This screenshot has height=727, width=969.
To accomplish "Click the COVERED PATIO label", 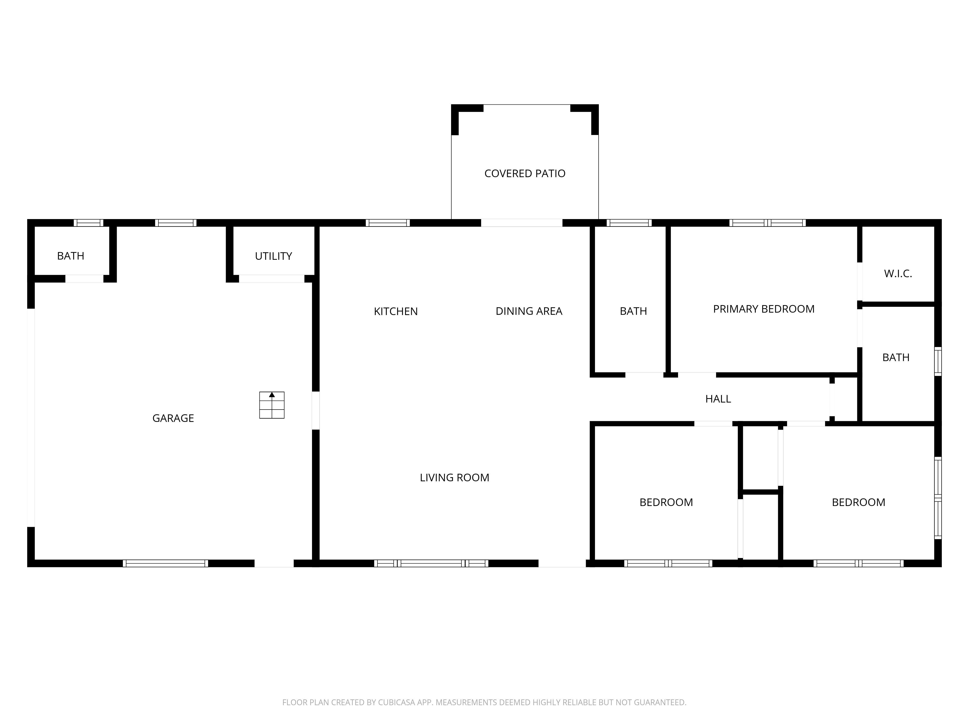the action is click(x=525, y=174).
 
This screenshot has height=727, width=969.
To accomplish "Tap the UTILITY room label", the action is click(x=273, y=256).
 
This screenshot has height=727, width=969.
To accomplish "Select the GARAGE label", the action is click(x=173, y=418).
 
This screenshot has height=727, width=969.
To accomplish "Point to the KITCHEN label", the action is click(x=396, y=311).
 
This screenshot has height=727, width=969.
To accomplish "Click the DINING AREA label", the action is click(x=529, y=311).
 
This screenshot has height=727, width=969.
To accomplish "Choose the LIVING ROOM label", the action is click(x=454, y=477).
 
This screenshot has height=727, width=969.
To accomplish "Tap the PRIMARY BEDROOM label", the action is click(x=764, y=309).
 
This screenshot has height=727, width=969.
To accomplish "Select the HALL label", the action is click(x=718, y=399).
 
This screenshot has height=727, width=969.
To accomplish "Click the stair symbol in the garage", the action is click(x=272, y=405).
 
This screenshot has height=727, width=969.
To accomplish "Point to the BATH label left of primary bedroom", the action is click(x=633, y=311).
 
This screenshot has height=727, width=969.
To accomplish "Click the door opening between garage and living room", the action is click(x=315, y=410).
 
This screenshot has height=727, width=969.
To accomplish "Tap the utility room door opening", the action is click(x=272, y=279).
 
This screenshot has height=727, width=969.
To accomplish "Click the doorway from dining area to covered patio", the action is click(x=522, y=223).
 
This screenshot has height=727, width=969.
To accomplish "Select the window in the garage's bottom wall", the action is click(x=166, y=563).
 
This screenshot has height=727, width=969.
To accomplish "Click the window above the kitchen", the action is click(x=388, y=223).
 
